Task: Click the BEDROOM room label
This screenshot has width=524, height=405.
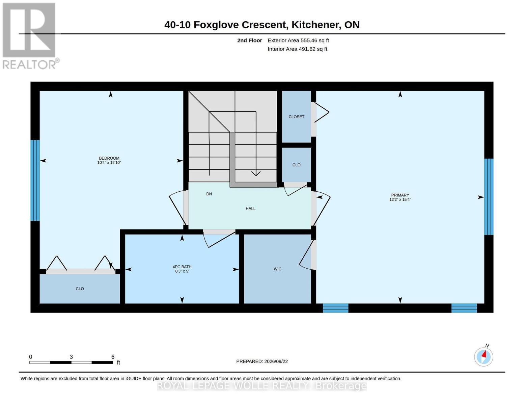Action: coord(109,158)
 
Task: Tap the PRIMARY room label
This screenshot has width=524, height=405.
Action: coord(400,195)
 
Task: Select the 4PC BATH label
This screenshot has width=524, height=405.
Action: coord(182,267)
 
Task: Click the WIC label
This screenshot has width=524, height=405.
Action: coord(278,269)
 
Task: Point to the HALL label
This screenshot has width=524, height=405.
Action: coord(251,209)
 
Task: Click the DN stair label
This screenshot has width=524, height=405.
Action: coord(209,194)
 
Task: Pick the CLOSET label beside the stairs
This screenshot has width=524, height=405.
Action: coord(296,117)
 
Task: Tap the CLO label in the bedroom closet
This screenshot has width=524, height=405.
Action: coord(80,289)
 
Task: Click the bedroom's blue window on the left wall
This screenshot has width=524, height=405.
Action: coord(35,181)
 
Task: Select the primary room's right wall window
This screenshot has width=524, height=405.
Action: coord(489,196)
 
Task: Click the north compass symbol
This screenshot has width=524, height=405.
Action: coord(484,356)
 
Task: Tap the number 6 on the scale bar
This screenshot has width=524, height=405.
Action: coord(113,357)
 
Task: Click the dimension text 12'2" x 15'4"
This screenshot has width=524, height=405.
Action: coord(400,199)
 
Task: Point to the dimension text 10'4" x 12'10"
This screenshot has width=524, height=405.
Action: coord(109,163)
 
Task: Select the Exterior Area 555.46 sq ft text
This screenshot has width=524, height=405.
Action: coord(298,40)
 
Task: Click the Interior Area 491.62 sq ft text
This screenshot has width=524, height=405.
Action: coord(297,49)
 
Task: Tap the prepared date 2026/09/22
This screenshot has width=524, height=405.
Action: coord(276,361)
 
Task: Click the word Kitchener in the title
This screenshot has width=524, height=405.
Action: coord(316,25)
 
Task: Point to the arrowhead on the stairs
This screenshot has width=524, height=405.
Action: coord(256,173)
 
